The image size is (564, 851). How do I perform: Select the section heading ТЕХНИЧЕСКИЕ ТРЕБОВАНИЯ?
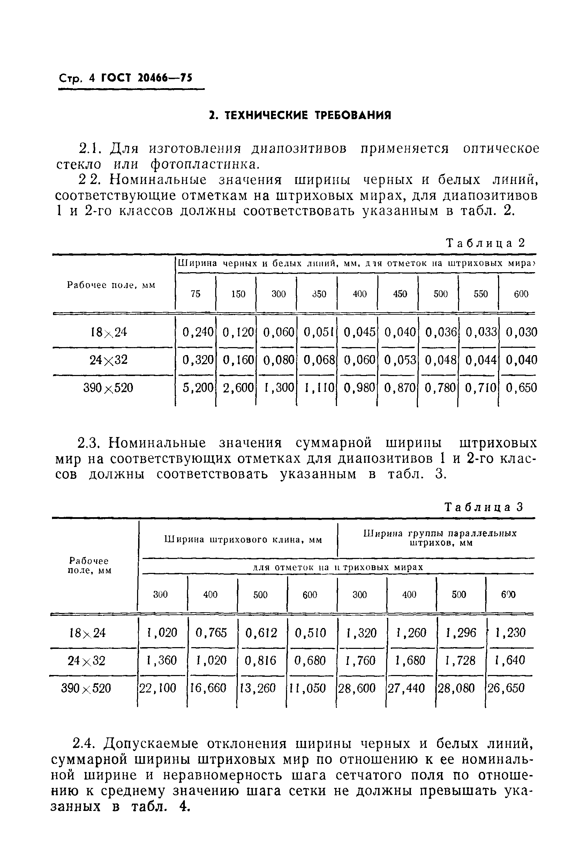click(300, 115)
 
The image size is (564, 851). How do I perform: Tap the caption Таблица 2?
click(486, 243)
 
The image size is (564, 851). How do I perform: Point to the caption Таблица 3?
click(484, 507)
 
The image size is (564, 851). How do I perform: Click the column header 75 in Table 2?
click(195, 294)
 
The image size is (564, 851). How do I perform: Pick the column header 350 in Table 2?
click(319, 294)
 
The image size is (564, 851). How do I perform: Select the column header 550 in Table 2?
click(481, 294)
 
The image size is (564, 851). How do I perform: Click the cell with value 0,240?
click(198, 332)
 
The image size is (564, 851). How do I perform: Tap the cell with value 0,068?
click(319, 360)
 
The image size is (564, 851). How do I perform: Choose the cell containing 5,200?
click(198, 388)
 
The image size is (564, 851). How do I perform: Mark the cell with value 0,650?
click(521, 388)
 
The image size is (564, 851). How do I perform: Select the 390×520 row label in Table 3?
click(87, 688)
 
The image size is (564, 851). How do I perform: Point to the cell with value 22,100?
click(158, 688)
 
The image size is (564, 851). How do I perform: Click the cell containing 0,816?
click(261, 660)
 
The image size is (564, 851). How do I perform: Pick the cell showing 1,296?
click(461, 632)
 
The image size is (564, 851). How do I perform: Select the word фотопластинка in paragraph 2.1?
click(204, 164)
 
